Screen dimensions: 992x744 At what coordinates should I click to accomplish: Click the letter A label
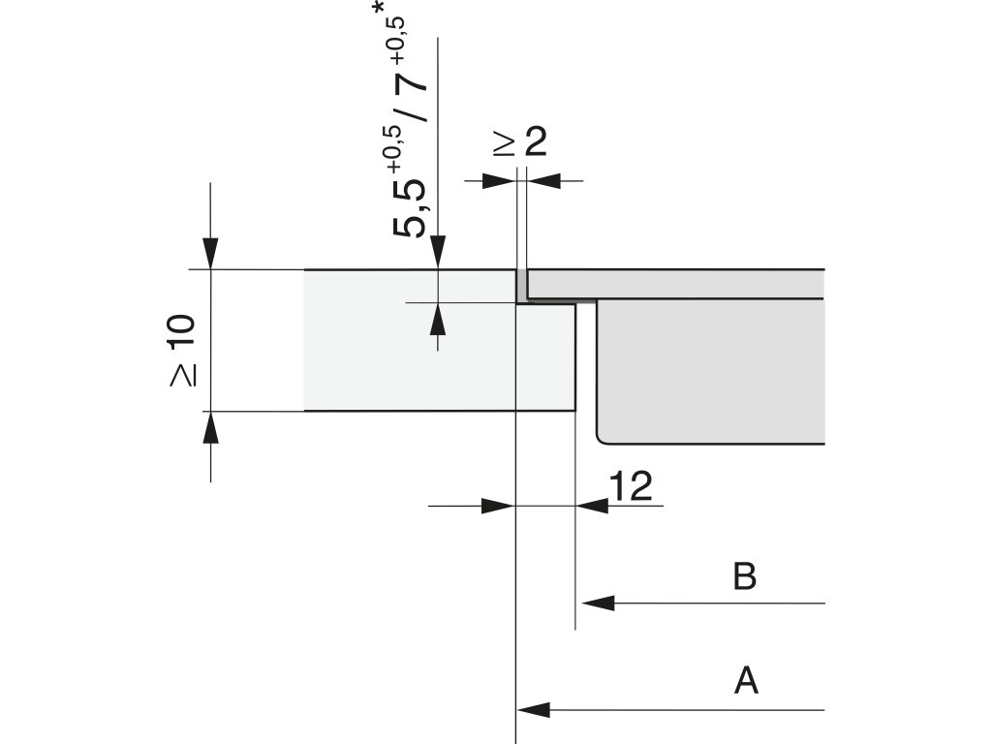(x=746, y=681)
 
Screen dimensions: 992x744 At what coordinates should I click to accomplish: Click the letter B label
(x=744, y=576)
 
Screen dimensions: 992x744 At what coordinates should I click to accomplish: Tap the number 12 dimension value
(x=632, y=486)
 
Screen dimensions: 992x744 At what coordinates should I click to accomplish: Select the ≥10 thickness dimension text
(x=183, y=350)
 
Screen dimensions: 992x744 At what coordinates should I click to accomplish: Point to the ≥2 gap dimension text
(x=520, y=142)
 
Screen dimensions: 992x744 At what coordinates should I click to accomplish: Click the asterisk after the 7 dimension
(x=379, y=14)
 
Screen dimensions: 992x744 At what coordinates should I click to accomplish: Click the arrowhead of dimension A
(x=534, y=710)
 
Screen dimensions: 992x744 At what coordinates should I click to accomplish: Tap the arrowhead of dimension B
(x=597, y=603)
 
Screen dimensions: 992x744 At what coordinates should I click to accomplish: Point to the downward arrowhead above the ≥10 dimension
(x=210, y=253)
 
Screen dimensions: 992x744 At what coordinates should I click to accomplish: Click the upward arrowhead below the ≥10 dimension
(x=210, y=427)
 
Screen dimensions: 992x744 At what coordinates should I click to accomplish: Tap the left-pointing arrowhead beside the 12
(x=592, y=505)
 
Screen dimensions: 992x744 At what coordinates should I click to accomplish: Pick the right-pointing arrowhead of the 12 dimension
(x=498, y=505)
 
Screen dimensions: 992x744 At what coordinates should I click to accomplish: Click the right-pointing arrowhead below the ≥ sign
(x=500, y=180)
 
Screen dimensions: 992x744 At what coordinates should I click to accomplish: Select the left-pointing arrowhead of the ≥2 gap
(x=543, y=180)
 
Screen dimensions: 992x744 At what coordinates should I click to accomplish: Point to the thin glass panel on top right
(x=678, y=283)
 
